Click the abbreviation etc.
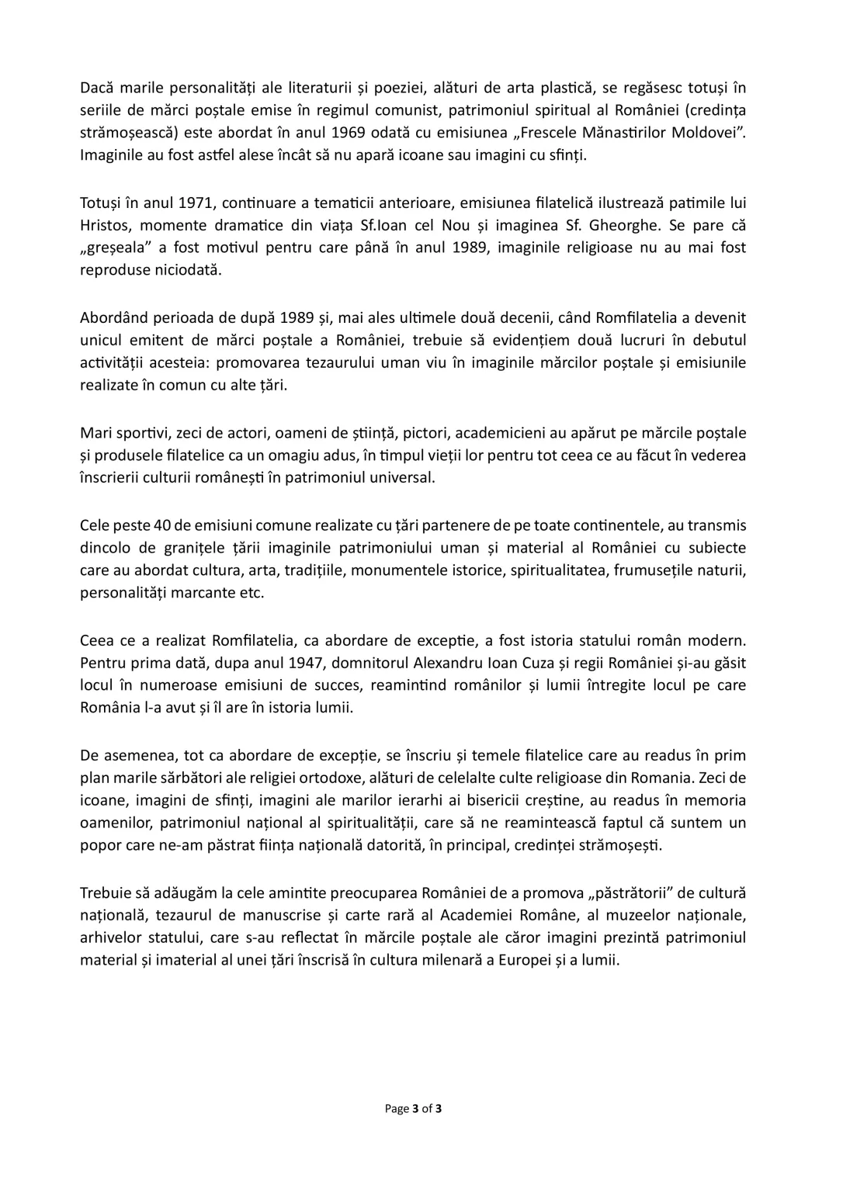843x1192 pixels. [x=252, y=594]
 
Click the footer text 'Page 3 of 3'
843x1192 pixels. [x=414, y=1108]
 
